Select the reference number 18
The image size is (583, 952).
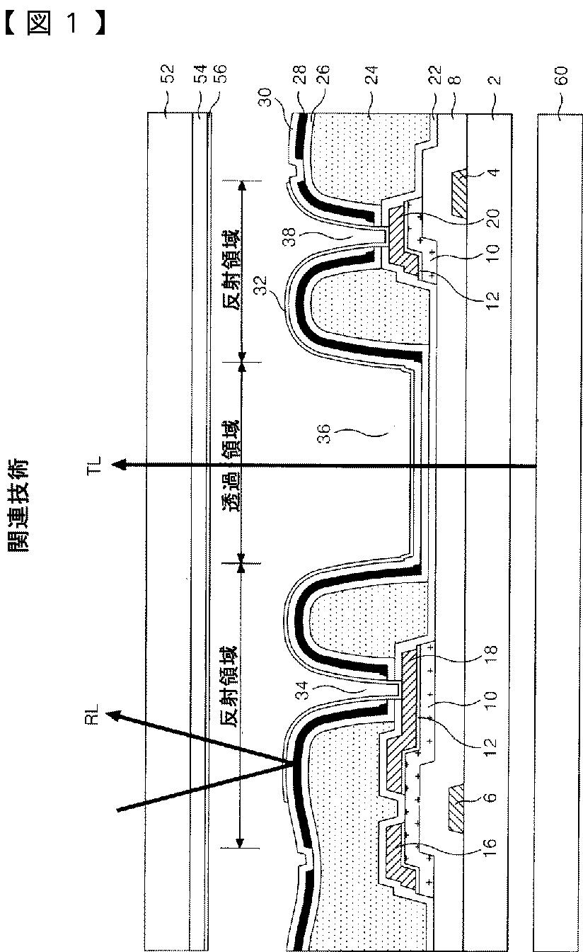click(x=493, y=650)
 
